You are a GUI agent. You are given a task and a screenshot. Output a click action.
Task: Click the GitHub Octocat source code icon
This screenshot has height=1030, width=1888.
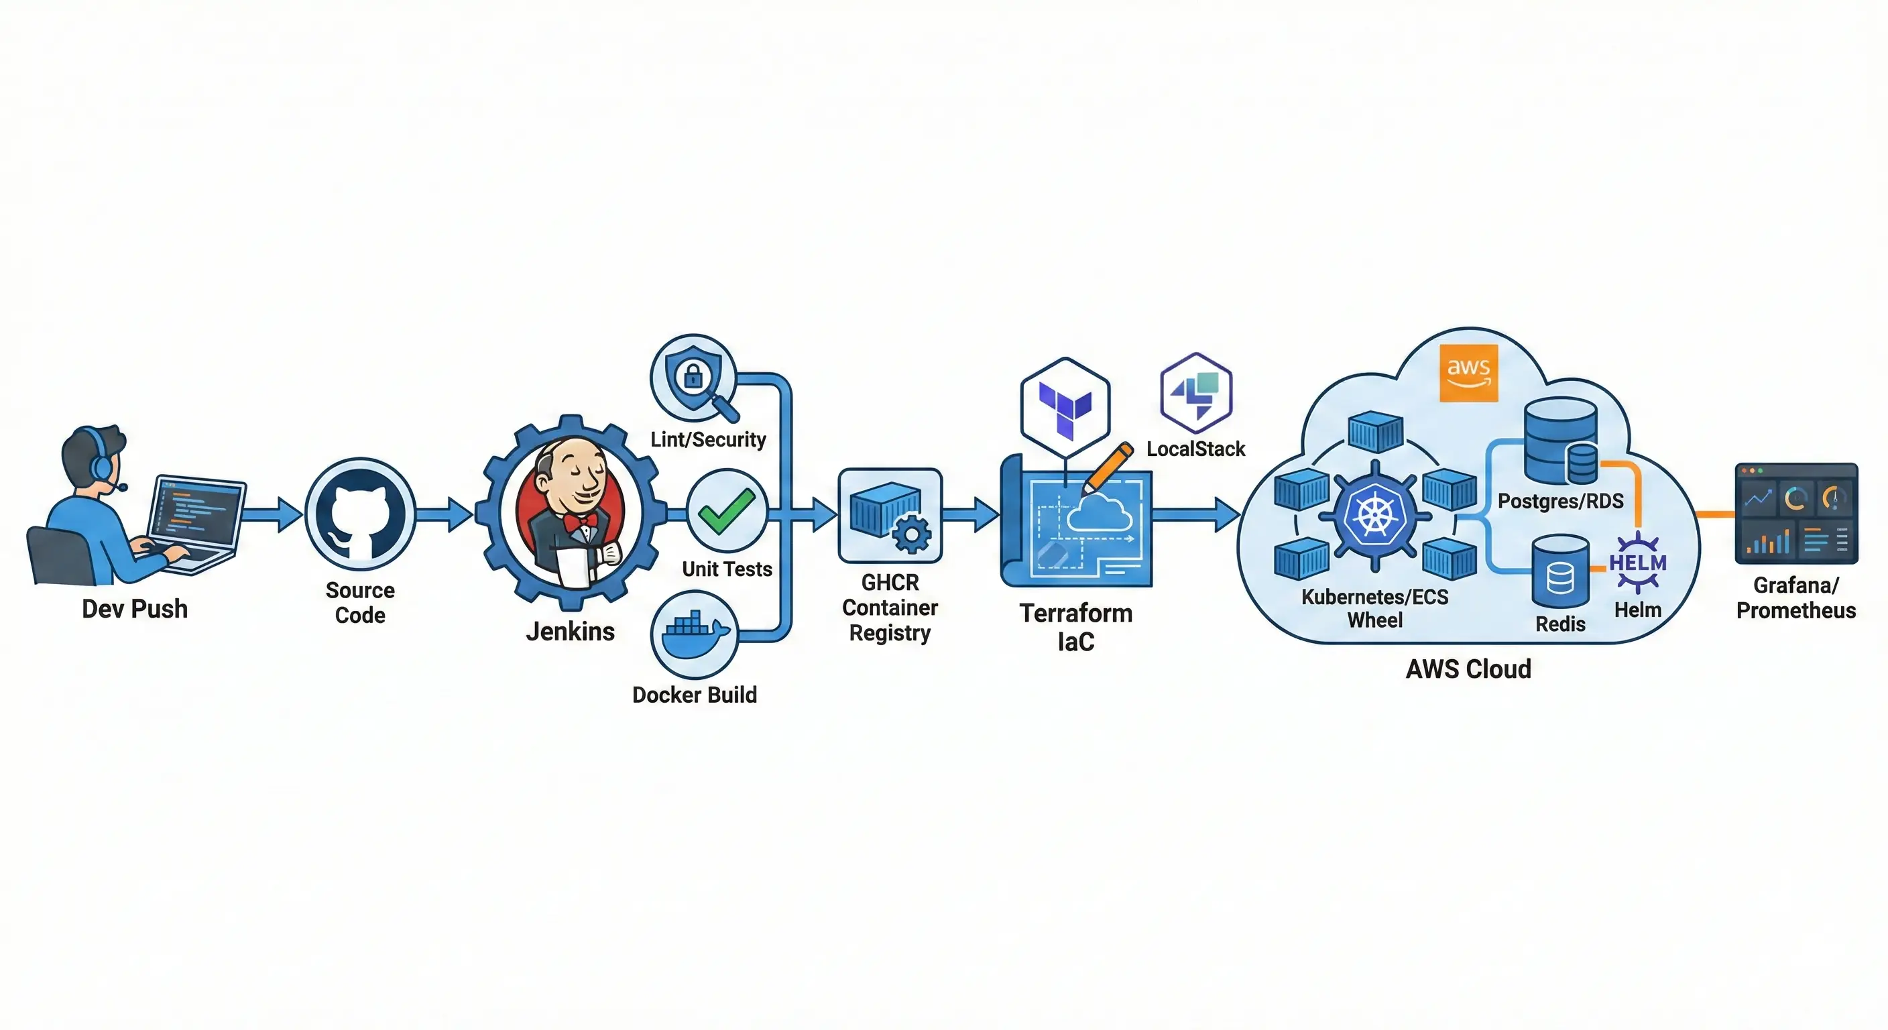pos(360,513)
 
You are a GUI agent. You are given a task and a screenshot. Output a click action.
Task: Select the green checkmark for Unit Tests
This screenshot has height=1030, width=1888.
pos(725,510)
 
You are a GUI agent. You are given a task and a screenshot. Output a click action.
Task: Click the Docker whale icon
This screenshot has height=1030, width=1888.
pos(694,634)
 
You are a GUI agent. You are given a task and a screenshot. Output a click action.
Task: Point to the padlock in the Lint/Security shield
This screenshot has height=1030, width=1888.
pos(693,377)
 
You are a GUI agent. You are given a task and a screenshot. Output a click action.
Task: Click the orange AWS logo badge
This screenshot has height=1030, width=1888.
pos(1468,372)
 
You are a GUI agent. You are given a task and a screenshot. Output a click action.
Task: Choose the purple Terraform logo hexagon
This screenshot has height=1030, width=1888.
pos(1065,408)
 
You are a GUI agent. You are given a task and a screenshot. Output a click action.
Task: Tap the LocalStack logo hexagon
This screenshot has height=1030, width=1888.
pos(1196,393)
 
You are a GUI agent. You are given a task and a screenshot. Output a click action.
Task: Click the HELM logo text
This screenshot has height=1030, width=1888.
pos(1637,563)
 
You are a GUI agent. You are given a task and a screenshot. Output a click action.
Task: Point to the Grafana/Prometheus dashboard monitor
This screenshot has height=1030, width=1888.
pos(1795,513)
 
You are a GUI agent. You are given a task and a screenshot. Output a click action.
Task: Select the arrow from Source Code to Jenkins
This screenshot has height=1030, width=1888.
pos(444,513)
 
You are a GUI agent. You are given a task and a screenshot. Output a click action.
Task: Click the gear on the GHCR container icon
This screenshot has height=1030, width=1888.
pos(912,535)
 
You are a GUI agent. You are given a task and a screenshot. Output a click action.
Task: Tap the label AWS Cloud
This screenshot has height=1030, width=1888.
pos(1468,669)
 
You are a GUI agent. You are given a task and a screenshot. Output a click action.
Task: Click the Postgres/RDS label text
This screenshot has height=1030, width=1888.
pos(1560,501)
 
